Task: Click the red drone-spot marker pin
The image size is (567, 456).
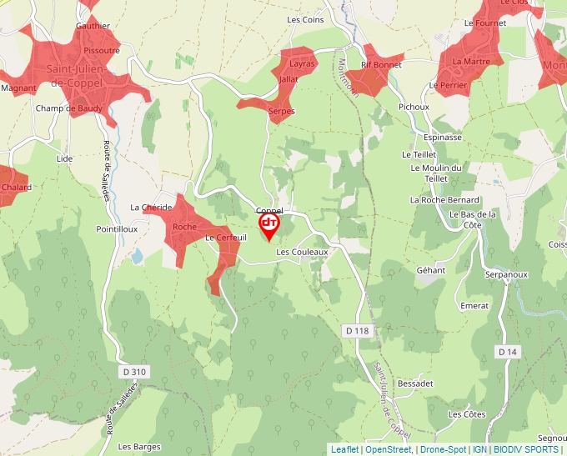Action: [x=268, y=225]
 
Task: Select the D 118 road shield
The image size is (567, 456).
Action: [x=356, y=331]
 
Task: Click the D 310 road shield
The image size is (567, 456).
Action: [x=133, y=371]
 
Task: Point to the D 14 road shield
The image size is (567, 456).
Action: [x=508, y=352]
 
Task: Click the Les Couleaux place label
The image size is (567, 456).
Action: [x=303, y=251]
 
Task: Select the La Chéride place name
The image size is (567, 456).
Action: [x=151, y=207]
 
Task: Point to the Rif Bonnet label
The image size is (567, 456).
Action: [x=381, y=64]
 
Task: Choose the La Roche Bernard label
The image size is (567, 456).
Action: [x=444, y=200]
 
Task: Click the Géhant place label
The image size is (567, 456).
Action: [x=430, y=270]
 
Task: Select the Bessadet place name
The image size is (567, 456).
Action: [x=415, y=383]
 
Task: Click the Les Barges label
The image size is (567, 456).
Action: [x=138, y=446]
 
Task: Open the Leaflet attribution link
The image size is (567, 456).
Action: [x=344, y=449]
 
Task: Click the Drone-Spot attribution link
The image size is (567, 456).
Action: [x=443, y=449]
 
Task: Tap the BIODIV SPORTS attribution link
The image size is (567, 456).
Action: [x=525, y=449]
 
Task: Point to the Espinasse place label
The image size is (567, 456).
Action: [x=442, y=137]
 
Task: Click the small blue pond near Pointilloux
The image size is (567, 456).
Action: [x=136, y=256]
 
